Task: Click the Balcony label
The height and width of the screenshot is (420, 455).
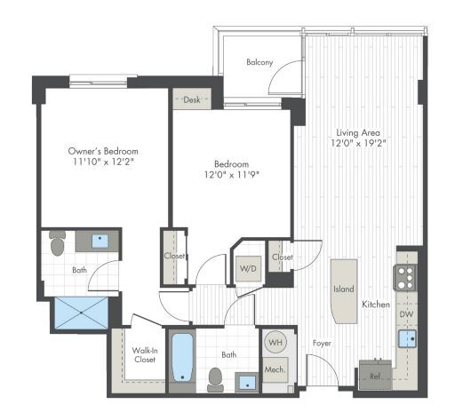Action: pos(259,62)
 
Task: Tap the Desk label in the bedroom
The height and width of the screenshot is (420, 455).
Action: pos(191,100)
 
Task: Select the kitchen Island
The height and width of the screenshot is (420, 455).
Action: pos(344,289)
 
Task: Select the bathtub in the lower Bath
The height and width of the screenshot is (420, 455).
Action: pos(183,360)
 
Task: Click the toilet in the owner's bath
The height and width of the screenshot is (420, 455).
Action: pos(58,242)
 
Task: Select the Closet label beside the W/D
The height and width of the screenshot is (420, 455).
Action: pos(283,258)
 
